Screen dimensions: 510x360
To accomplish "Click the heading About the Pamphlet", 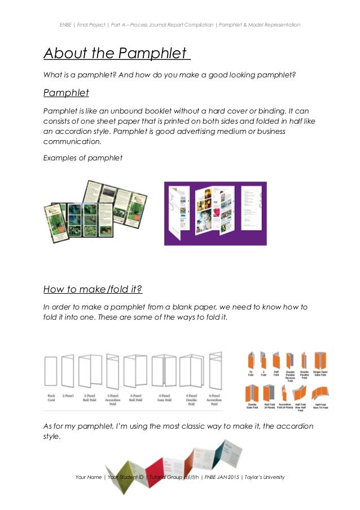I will point(116,54).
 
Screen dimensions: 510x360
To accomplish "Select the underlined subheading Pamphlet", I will point(66,93).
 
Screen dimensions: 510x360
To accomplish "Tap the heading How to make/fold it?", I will point(93,290).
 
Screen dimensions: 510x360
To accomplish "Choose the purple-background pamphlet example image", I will point(215,213).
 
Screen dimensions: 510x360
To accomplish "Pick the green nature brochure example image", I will point(95,210).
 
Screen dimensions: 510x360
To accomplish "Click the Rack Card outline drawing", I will point(51,372).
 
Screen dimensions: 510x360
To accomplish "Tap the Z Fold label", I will point(264,374).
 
